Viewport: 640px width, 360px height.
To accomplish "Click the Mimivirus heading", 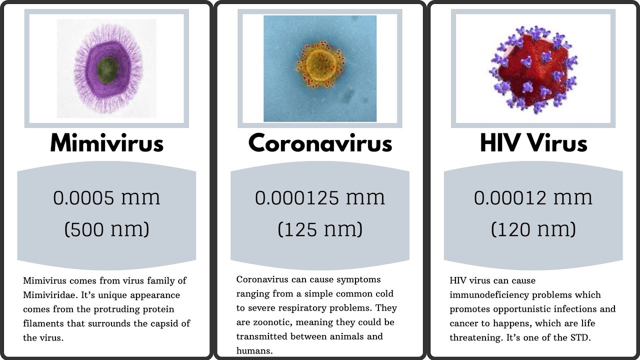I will point(106,143).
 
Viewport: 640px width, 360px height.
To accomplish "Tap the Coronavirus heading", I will point(320,143).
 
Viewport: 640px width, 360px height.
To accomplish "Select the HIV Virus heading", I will point(533,143).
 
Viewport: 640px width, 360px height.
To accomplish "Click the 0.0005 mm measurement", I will point(106,198).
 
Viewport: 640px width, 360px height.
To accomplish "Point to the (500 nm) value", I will point(106,229).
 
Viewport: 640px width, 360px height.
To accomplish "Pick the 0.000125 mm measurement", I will point(320,198).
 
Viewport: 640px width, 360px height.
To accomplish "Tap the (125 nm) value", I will point(320,229).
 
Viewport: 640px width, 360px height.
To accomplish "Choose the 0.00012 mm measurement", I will point(533,198).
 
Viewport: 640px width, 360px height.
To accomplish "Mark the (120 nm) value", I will point(533,229).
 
